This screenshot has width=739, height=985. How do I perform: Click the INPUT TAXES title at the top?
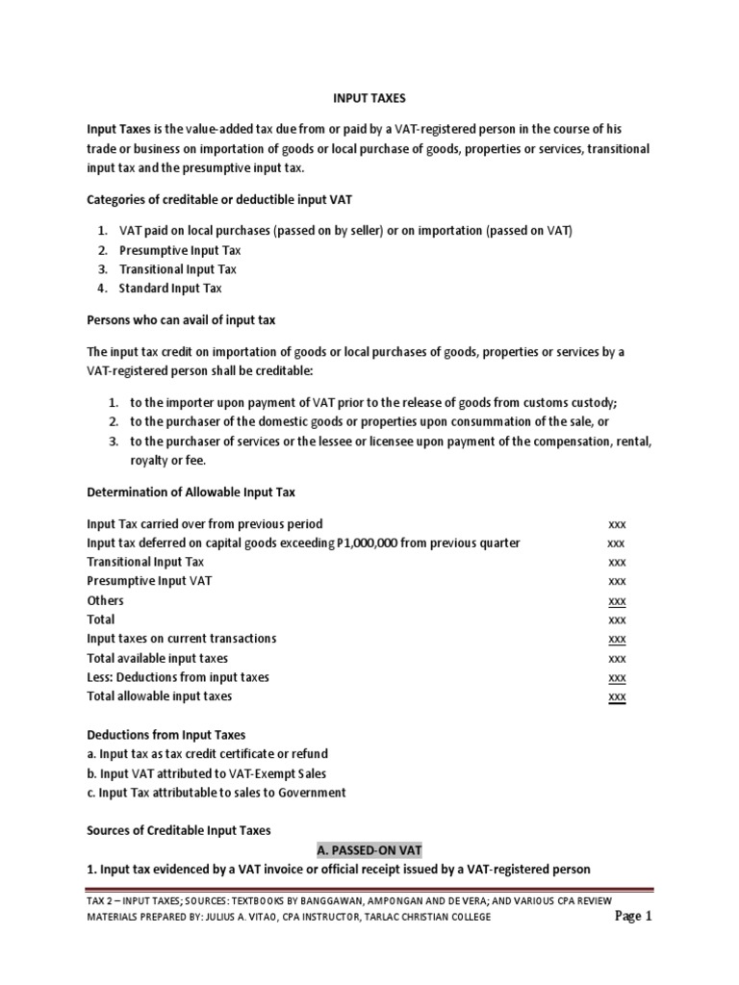click(369, 97)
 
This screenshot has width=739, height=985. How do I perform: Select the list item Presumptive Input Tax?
click(180, 250)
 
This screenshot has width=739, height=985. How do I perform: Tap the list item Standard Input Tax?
click(170, 288)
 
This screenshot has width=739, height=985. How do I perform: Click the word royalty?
click(150, 460)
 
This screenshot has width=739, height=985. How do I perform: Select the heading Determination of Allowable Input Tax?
click(191, 492)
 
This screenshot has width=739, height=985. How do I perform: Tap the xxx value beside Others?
click(617, 601)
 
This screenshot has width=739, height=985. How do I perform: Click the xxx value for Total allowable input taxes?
click(617, 696)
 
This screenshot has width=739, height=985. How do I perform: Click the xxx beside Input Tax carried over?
click(617, 524)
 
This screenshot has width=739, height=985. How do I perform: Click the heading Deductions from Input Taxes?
click(166, 735)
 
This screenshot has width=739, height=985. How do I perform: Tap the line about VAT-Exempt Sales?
click(207, 773)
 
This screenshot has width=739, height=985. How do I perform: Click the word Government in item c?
click(309, 793)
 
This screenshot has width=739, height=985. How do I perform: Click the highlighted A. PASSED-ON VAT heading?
click(369, 850)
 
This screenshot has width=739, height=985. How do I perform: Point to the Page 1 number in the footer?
click(634, 916)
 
